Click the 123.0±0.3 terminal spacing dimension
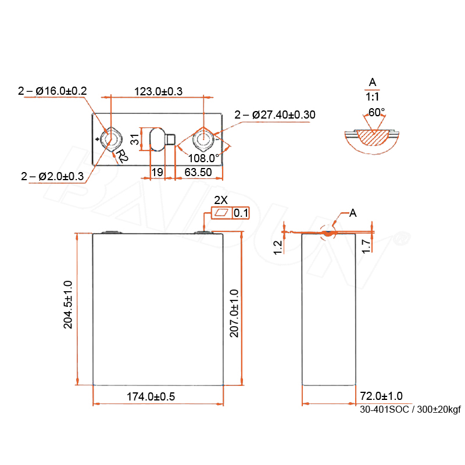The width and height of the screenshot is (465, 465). coord(158,91)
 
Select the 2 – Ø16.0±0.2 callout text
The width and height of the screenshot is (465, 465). coord(52,91)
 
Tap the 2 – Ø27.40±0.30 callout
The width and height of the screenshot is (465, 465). coord(274,115)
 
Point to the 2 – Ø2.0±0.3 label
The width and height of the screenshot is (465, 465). coord(52,177)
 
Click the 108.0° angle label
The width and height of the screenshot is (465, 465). coord(203,158)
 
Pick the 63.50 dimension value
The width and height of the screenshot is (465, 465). coord(198,172)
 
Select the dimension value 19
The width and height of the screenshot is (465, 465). coord(157,172)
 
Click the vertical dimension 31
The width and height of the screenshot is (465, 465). coord(135,139)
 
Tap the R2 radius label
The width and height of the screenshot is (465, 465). coord(121,156)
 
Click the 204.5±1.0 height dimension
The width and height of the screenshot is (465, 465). coord(68,305)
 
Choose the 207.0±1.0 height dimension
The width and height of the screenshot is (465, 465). coord(234,313)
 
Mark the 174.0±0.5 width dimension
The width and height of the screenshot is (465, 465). coord(151,396)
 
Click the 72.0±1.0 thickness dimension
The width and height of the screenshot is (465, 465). coord(381,396)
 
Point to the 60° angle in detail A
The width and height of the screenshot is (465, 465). coord(376,112)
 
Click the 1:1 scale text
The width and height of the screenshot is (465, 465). coord(372,97)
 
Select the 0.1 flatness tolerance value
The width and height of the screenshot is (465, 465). coord(241,213)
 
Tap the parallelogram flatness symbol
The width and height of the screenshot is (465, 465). coord(221,213)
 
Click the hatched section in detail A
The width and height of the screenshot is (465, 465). coord(373,137)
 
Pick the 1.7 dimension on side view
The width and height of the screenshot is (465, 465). coord(367,246)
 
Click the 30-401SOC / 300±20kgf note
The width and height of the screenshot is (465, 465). coord(410,410)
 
